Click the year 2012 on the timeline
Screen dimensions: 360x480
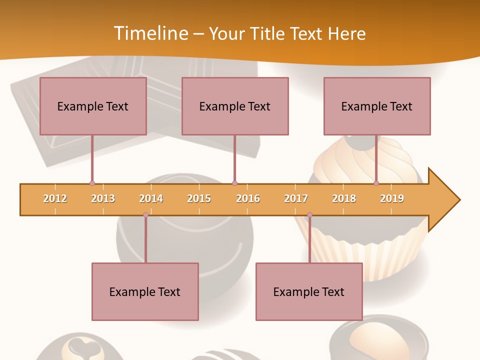55,198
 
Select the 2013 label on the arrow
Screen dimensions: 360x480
103,198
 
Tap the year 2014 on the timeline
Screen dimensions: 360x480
151,198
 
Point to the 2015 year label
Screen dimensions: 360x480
199,198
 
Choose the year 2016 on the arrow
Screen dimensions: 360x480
248,198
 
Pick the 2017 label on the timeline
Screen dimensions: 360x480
296,198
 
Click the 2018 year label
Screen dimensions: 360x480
344,198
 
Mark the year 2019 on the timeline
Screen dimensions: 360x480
392,198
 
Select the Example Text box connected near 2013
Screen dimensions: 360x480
93,106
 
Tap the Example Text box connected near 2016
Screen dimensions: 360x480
235,106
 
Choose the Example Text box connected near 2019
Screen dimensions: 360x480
377,106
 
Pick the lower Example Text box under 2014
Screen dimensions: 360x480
145,291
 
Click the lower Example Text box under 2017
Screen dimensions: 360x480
309,291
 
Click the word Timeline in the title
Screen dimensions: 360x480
150,33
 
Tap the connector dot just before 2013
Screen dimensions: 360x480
92,183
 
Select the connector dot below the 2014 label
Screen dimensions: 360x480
145,215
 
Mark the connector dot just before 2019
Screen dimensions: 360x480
376,183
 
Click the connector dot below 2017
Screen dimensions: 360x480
309,215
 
